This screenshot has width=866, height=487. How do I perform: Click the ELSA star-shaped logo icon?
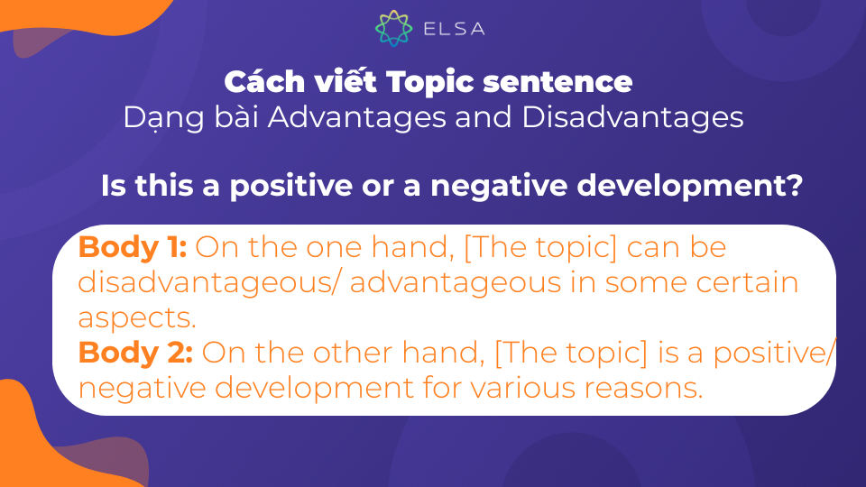click(x=393, y=28)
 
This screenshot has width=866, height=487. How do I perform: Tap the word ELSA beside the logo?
click(x=454, y=29)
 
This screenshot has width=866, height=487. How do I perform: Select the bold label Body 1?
click(x=134, y=247)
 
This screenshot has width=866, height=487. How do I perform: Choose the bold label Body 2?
click(x=136, y=353)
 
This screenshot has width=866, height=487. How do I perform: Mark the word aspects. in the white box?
click(x=137, y=318)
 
